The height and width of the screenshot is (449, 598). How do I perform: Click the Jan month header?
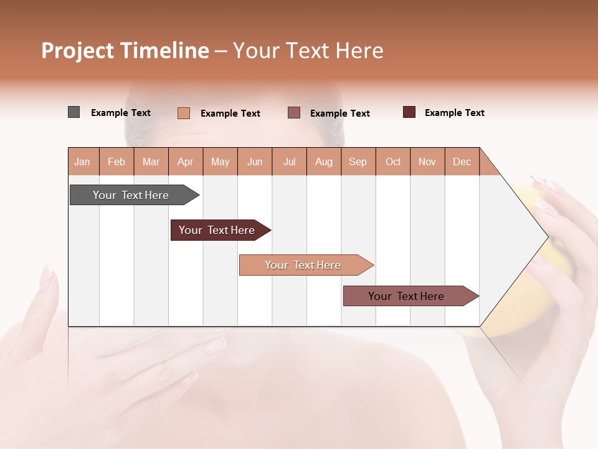(x=82, y=162)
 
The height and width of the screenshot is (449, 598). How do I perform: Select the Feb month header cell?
(x=116, y=162)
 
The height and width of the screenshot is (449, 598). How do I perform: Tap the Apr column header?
(x=185, y=162)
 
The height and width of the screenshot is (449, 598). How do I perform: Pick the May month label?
(x=220, y=162)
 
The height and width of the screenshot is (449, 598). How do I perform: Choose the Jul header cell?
(x=289, y=162)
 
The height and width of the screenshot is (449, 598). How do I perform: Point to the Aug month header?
(x=323, y=162)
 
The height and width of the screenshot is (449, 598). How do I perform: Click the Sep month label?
(x=358, y=162)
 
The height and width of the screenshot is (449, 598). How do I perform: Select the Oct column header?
(x=393, y=162)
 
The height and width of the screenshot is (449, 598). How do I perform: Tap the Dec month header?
(x=462, y=162)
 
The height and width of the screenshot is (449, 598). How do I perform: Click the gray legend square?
(x=74, y=112)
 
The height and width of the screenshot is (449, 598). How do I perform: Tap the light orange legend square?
(x=184, y=113)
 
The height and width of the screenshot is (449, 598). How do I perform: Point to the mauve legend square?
(x=294, y=112)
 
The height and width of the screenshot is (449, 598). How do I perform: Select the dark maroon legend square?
(x=409, y=112)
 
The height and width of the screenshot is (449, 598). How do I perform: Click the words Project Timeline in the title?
(x=125, y=51)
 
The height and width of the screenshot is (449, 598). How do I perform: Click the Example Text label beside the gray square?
(x=121, y=113)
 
